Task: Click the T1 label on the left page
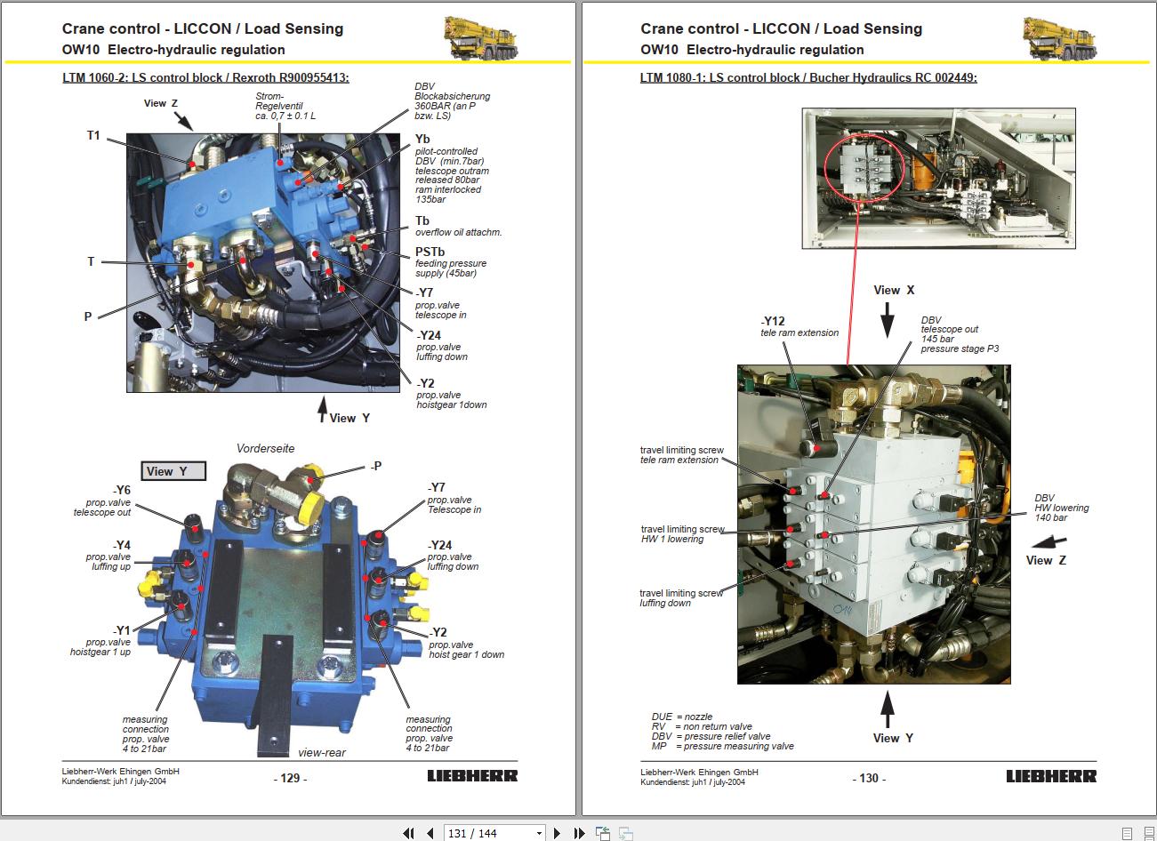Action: (x=93, y=136)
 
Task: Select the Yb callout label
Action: (x=422, y=139)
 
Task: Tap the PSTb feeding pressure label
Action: (x=430, y=252)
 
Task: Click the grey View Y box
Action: (x=173, y=471)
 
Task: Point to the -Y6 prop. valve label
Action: (x=121, y=490)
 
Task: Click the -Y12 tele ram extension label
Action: (x=773, y=322)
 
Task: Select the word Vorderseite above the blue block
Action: (x=265, y=448)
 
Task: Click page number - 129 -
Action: (x=290, y=778)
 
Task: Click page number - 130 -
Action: (x=869, y=778)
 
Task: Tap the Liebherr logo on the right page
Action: (x=1051, y=776)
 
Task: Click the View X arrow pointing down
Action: (x=887, y=319)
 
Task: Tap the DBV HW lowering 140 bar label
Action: (x=1061, y=508)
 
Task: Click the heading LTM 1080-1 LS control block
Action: (x=807, y=77)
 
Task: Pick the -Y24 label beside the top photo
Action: (x=430, y=335)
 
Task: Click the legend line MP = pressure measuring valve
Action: (x=722, y=746)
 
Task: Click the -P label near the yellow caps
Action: (x=376, y=466)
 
